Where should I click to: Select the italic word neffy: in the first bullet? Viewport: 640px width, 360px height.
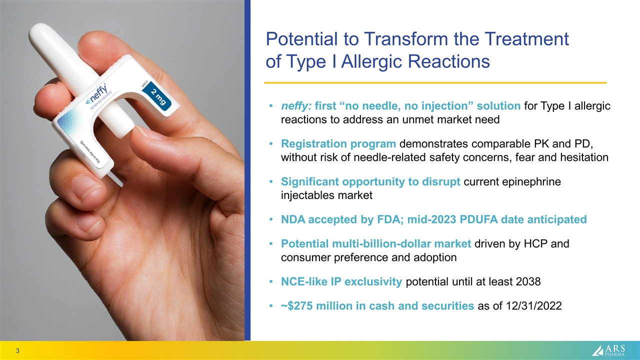coord(296,106)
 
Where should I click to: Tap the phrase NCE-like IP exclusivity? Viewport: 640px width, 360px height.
coord(341,281)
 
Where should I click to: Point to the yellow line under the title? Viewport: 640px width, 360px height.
coord(435,82)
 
